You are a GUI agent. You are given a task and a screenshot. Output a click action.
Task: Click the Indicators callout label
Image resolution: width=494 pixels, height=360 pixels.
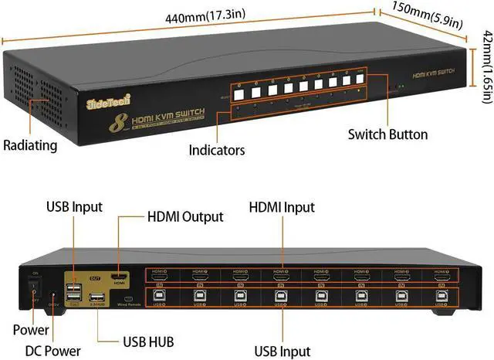217,149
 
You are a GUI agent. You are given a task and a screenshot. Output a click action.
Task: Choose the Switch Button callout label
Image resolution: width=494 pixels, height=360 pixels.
387,134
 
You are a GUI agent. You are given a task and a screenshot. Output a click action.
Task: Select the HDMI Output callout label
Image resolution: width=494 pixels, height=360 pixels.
184,217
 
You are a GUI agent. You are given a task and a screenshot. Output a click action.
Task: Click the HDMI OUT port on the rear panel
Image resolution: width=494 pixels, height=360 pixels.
119,277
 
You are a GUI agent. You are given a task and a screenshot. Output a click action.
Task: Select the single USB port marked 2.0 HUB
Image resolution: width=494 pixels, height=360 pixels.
97,300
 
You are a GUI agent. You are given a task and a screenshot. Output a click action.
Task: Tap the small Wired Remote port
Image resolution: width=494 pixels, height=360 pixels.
129,299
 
